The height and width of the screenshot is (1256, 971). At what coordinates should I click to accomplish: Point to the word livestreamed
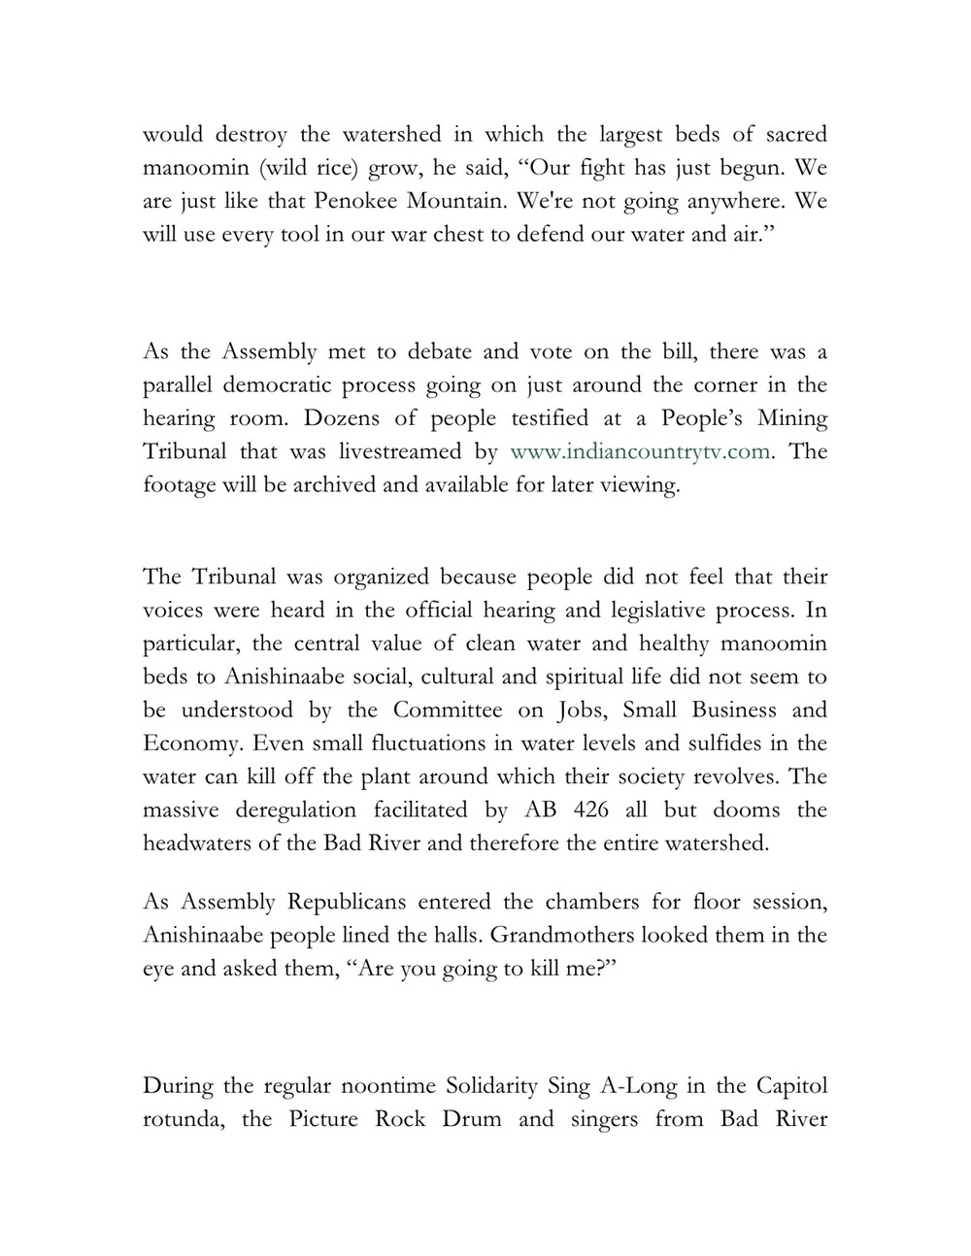pos(414,451)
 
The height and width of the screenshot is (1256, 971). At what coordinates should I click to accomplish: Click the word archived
pos(337,484)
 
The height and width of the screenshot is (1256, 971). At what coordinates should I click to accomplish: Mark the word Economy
pos(186,744)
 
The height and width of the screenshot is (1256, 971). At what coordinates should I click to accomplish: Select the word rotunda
pos(184,1118)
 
